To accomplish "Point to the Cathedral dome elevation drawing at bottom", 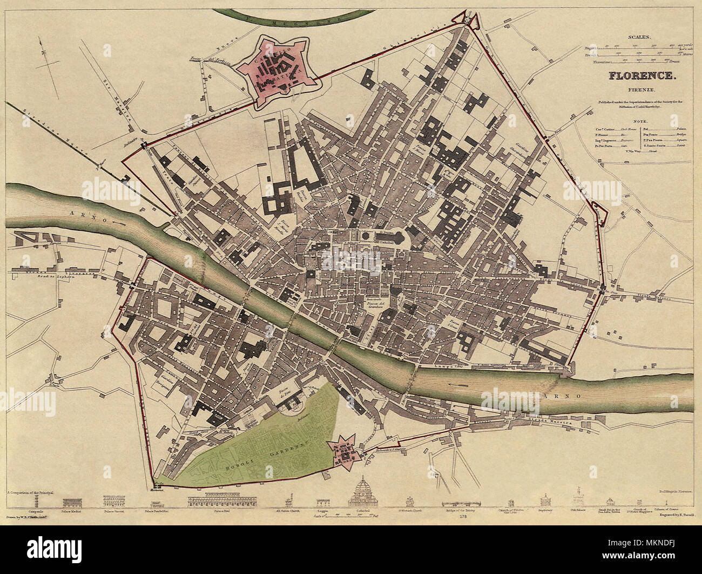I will click(x=364, y=493).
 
